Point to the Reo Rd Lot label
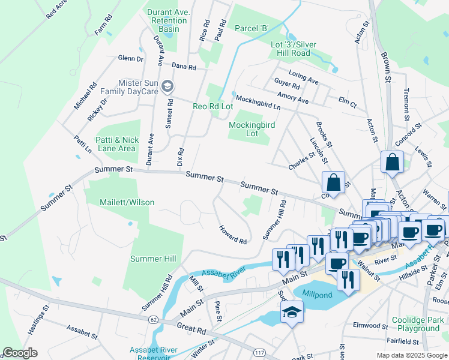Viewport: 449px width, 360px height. click(x=212, y=106)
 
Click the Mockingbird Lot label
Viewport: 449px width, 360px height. click(x=252, y=129)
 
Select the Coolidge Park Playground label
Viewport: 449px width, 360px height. click(x=415, y=324)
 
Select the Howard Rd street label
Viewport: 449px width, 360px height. click(x=233, y=235)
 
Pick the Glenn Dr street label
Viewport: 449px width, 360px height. click(x=130, y=59)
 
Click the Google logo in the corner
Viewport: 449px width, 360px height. click(x=20, y=353)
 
